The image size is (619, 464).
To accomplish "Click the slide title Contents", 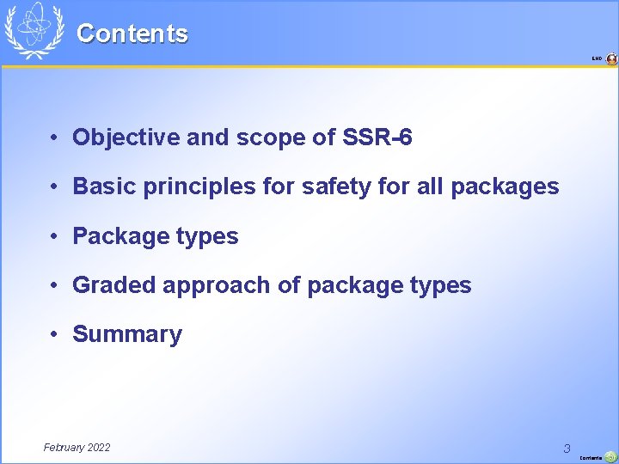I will coord(132,34).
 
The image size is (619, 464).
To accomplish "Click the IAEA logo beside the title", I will coord(34,30).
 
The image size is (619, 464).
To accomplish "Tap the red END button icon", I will coord(611,59).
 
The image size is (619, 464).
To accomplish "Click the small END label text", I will coord(597,59).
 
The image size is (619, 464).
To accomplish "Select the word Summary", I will coord(127,334).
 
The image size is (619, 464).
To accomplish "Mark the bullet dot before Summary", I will coord(53,334).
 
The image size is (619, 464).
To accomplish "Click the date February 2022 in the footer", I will coord(77,447).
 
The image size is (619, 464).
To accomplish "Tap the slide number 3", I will coord(567,448).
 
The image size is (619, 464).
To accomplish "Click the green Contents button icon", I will coord(610,457).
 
